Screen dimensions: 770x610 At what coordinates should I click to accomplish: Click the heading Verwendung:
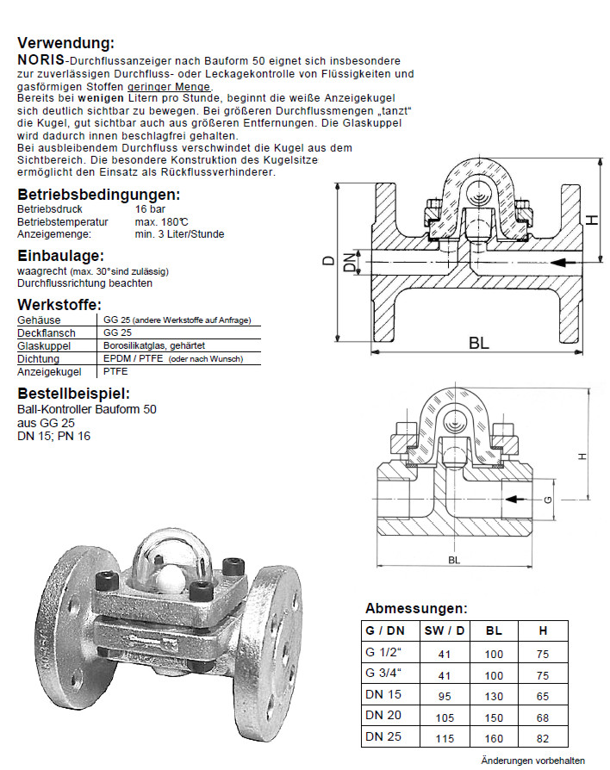coord(65,43)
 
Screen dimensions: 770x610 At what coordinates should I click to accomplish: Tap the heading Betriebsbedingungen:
coord(99,195)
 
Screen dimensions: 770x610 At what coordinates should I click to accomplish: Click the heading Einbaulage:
coord(60,256)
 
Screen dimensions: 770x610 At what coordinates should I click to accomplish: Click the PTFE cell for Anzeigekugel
coord(115,371)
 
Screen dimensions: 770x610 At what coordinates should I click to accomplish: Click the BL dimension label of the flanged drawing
coord(479,342)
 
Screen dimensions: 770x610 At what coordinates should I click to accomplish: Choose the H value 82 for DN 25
coord(543,736)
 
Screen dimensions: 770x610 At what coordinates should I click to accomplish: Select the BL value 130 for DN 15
coord(494,694)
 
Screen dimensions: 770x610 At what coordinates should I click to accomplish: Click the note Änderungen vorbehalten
coord(532,761)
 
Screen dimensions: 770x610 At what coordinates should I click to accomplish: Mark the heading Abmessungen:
coord(416,607)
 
